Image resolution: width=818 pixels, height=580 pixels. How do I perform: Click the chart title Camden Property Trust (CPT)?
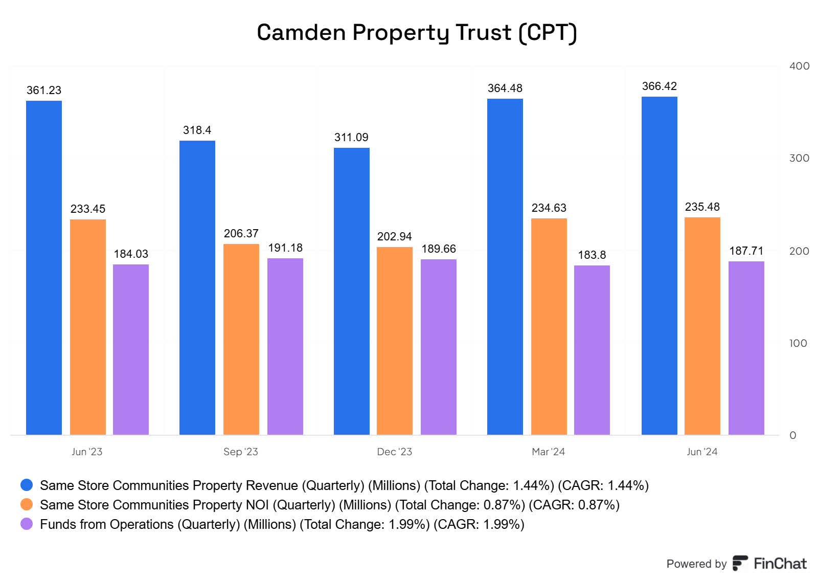tap(417, 33)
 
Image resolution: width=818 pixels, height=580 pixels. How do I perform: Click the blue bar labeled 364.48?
tap(505, 266)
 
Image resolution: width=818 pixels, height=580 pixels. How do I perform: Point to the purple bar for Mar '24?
tap(592, 350)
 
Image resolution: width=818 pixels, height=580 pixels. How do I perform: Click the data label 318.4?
tap(197, 130)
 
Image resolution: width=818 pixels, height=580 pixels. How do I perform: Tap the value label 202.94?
tap(394, 236)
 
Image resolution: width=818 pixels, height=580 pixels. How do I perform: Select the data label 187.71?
tap(746, 251)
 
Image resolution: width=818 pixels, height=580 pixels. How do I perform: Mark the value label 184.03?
tap(131, 254)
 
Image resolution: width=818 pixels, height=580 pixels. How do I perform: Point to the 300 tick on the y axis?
tap(799, 158)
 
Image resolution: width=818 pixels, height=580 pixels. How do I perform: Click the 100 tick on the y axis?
tap(798, 343)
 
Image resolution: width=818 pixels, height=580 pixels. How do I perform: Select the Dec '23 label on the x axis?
tap(394, 452)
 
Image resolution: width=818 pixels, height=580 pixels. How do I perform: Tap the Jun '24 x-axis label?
tap(701, 452)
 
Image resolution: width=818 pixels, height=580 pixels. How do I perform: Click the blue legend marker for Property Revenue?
tap(27, 485)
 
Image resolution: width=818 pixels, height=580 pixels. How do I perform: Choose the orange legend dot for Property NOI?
tap(27, 504)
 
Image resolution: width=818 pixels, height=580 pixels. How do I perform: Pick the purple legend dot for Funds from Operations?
tap(27, 524)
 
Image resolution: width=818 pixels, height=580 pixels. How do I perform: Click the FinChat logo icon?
tap(740, 563)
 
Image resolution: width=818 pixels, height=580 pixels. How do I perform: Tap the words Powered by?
tap(696, 564)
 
